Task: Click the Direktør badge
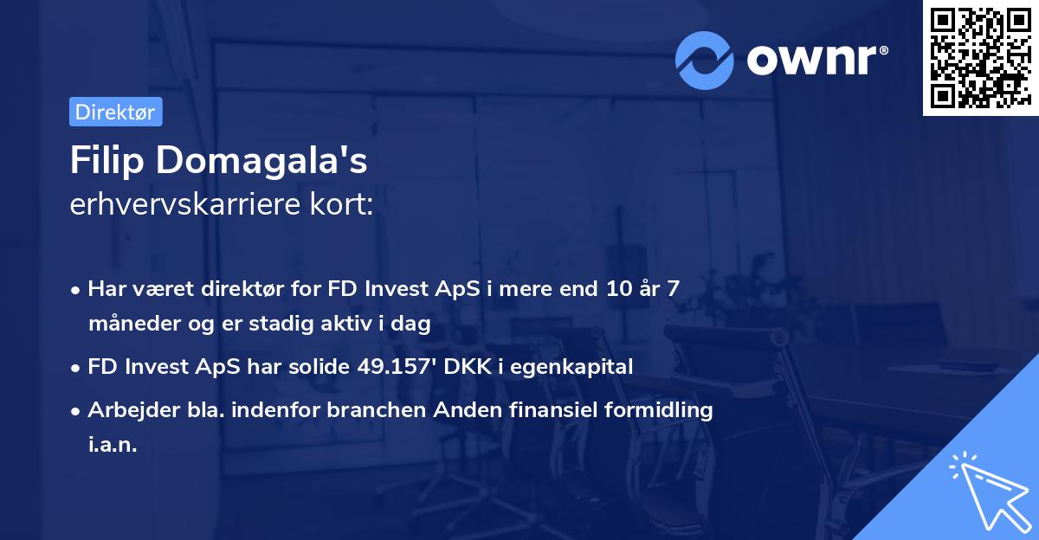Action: (115, 112)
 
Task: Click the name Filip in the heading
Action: (108, 161)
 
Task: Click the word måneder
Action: (129, 324)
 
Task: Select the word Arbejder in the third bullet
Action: (126, 410)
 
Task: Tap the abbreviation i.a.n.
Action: (113, 445)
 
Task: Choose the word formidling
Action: (661, 410)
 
